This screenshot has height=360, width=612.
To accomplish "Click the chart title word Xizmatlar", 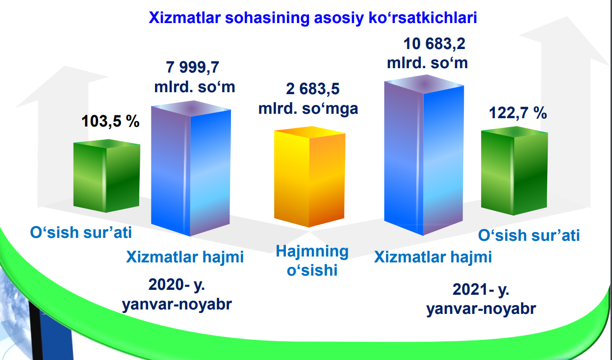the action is pos(185,18).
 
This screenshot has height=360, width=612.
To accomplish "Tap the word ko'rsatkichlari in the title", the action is pos(423,18).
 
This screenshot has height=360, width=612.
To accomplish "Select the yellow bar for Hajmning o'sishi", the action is pos(309,177).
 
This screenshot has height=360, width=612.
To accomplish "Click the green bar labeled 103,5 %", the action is pos(107,176).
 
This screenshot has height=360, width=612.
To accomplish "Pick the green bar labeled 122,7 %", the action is pos(514,171).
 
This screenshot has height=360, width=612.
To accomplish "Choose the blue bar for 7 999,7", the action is pos(191,168).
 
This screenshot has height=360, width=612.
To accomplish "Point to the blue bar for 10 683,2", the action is pos(424,155).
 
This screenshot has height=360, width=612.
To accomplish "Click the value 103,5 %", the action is pos(110,121).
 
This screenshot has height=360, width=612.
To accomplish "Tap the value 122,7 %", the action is pos(518,113).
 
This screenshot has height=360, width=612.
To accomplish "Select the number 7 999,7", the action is pos(192,67).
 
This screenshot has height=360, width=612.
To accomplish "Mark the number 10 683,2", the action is pos(434,44).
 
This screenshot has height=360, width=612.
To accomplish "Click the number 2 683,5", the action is pos(312,89).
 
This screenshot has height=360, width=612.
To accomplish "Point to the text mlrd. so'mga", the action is pos(308,109).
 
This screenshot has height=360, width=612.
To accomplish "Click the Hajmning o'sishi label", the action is pos(312,260).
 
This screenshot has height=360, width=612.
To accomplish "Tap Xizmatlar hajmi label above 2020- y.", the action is pos(185,257).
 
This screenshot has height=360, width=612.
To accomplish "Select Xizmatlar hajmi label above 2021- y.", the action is pos(433,257).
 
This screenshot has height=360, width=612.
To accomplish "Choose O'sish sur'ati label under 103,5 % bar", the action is pos(81,232).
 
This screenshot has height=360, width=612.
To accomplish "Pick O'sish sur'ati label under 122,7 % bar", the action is pos(529,235).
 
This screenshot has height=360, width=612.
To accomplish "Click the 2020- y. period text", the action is pos(177,285).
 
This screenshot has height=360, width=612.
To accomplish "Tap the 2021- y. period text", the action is pos(481,290).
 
